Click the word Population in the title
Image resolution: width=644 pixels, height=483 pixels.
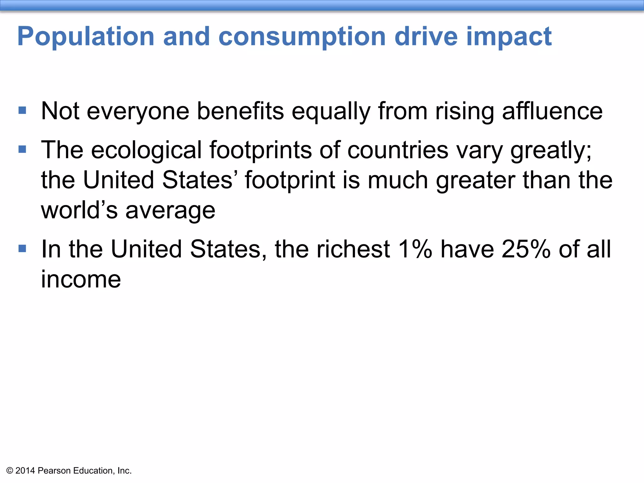click(x=86, y=37)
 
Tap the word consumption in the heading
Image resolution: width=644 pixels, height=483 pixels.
click(x=302, y=37)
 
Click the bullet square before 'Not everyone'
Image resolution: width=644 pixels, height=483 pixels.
click(x=22, y=110)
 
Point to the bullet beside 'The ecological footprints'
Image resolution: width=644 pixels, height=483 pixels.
click(x=22, y=149)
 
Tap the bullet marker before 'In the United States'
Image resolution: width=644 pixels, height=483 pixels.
click(x=22, y=248)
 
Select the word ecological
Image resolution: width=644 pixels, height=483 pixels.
click(x=146, y=150)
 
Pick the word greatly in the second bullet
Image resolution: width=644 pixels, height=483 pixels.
click(x=550, y=150)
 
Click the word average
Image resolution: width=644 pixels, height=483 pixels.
click(x=170, y=211)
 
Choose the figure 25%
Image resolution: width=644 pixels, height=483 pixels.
click(x=526, y=249)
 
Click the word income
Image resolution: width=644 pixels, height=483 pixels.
click(x=81, y=279)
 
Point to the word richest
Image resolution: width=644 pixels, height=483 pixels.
click(x=353, y=249)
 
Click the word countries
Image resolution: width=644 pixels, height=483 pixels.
click(x=398, y=150)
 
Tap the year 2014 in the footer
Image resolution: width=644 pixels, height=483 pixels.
click(x=25, y=470)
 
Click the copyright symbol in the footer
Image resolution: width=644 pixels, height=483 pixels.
click(x=10, y=470)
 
